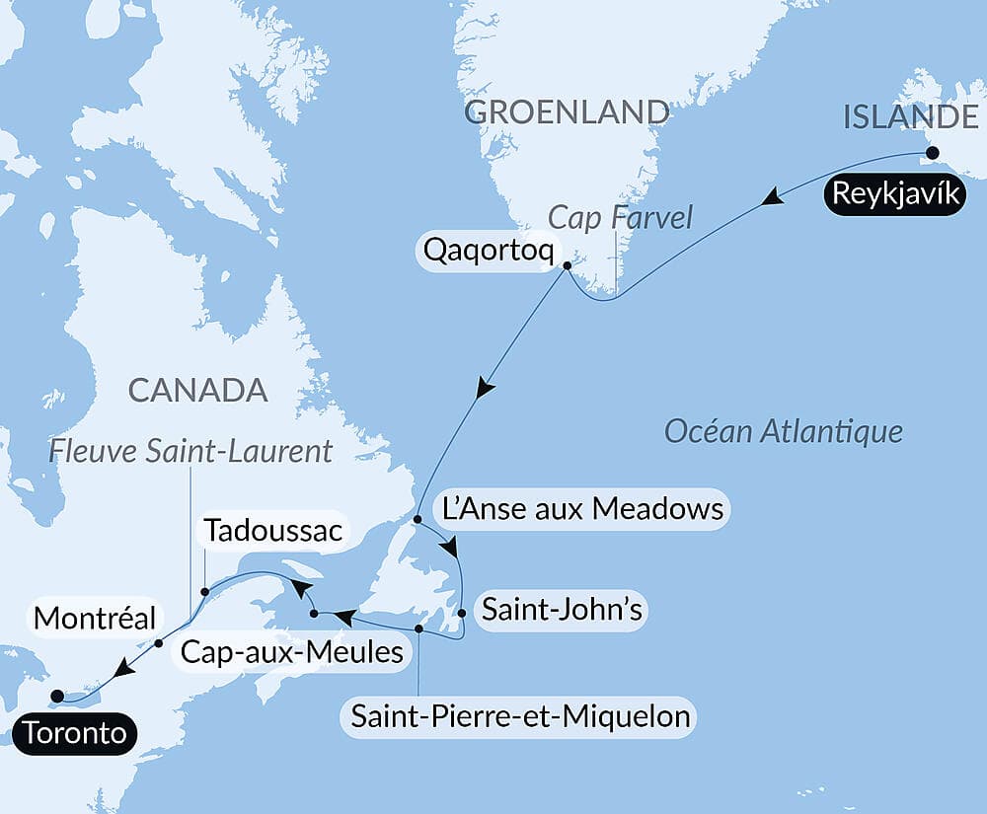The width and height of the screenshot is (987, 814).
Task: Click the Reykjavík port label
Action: (895, 194)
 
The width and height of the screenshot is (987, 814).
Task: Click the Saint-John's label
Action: (561, 611)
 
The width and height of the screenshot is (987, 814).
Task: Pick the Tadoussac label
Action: (273, 533)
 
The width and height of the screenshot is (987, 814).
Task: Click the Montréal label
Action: (95, 620)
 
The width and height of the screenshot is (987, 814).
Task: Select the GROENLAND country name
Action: (567, 111)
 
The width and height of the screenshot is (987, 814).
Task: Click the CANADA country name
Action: (198, 390)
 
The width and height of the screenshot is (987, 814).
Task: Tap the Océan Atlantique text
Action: (784, 431)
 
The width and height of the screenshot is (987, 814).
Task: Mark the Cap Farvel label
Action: (621, 216)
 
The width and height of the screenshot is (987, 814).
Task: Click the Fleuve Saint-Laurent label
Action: (191, 452)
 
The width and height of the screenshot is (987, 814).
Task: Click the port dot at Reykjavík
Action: (930, 153)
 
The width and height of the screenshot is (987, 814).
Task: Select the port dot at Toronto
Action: (56, 695)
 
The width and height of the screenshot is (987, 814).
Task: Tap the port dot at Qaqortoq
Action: (567, 264)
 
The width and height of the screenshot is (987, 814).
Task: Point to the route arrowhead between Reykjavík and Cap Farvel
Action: (774, 200)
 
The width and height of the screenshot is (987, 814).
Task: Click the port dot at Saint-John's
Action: (462, 613)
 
